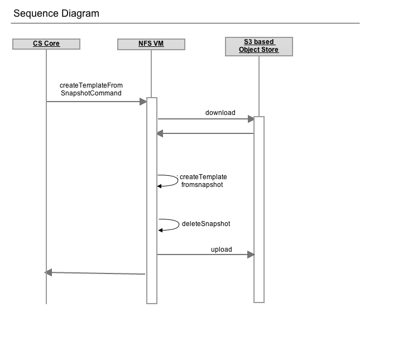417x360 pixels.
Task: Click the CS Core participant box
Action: [x=46, y=44]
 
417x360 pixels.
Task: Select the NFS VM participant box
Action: [x=151, y=44]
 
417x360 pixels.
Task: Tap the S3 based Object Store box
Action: [x=259, y=46]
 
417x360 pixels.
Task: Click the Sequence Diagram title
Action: [x=56, y=13]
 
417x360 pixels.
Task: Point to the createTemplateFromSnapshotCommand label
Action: [x=91, y=89]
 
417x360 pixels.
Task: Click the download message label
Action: [x=220, y=113]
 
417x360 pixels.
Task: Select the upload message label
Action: [x=221, y=249]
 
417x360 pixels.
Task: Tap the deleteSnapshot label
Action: [x=206, y=224]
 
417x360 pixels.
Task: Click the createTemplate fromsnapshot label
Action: [x=203, y=181]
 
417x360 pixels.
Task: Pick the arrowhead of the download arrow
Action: [x=251, y=119]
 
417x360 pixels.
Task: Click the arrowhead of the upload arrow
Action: [x=251, y=255]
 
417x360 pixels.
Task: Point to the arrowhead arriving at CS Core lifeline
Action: [x=48, y=272]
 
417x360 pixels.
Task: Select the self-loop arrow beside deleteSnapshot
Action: [x=179, y=224]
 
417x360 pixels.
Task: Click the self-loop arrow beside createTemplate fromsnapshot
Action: [x=178, y=180]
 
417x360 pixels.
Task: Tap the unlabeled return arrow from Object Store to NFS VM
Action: [x=205, y=133]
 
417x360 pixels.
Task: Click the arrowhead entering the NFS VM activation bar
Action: [x=143, y=102]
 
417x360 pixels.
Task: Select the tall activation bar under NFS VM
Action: [x=152, y=200]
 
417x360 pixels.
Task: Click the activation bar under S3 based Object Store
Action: [x=259, y=209]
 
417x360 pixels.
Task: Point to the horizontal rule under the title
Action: [x=185, y=23]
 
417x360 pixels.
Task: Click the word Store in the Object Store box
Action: [x=270, y=50]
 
